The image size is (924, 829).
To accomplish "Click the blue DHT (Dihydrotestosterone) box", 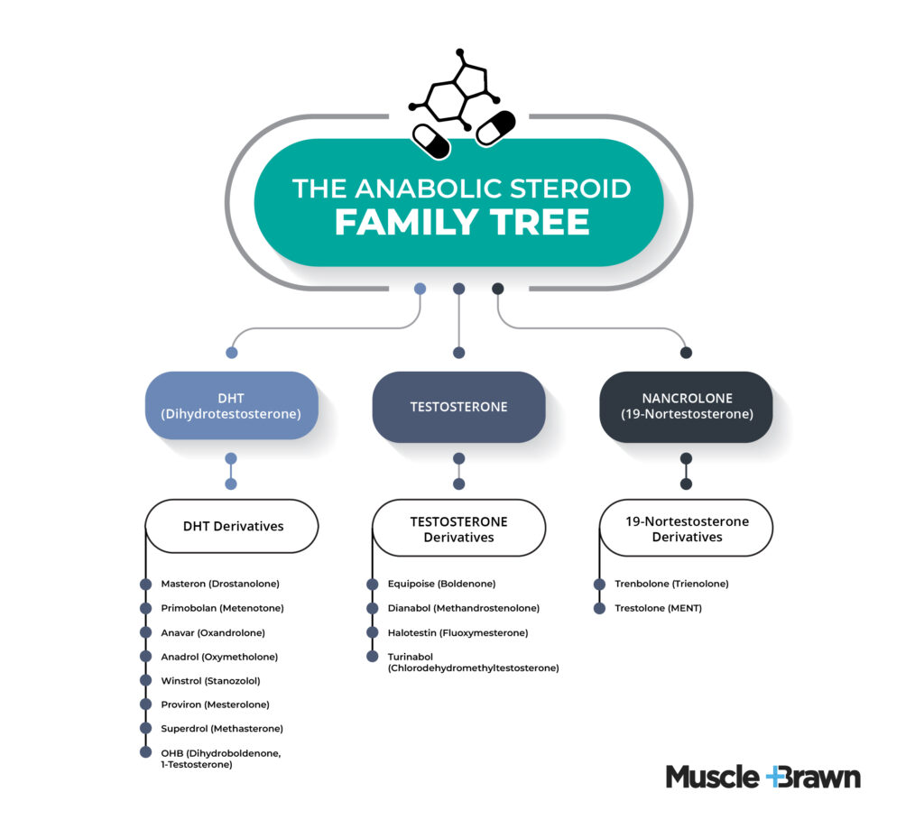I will [x=232, y=406].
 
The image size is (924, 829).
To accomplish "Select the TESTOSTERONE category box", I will [x=458, y=406].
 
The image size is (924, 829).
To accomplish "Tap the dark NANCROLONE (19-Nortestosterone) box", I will [x=686, y=406].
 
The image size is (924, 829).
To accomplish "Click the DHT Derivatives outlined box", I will [x=232, y=526].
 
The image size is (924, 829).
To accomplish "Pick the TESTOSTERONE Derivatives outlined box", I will [x=458, y=529].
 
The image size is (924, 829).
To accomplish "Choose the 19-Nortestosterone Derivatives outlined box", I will [x=686, y=529].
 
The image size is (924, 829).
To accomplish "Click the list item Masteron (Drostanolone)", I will [x=219, y=584].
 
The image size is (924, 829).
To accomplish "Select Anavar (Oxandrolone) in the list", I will [x=213, y=632].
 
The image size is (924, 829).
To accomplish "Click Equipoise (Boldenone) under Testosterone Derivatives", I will [x=441, y=584].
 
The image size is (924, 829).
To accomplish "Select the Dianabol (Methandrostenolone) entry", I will [x=463, y=608].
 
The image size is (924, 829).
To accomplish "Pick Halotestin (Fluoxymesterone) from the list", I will [x=457, y=632].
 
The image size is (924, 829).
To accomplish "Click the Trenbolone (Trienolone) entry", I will [x=671, y=584].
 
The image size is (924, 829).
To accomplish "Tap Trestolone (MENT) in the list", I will [x=658, y=608].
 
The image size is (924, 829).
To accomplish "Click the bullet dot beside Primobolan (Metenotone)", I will [x=145, y=608].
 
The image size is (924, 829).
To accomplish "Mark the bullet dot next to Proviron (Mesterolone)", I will [x=145, y=704].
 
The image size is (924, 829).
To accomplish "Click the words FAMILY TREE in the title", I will [x=461, y=222].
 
